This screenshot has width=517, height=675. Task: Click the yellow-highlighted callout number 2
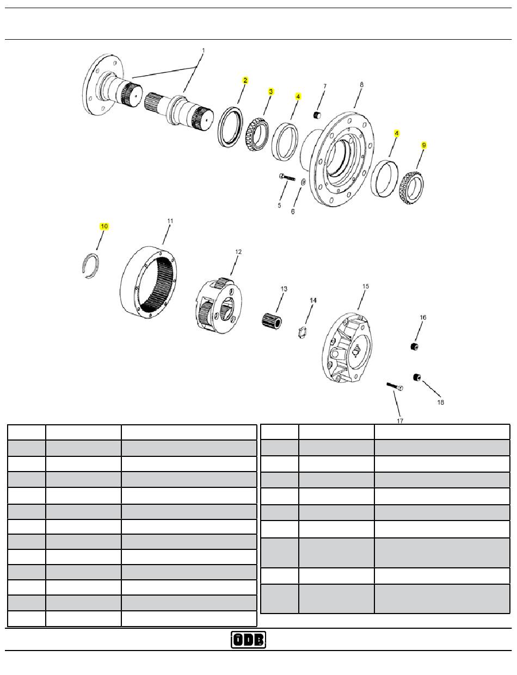point(245,80)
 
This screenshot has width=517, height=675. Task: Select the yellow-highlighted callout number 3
point(271,91)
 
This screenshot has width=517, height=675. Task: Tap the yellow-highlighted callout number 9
point(424,145)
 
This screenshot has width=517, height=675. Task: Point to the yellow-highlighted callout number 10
point(104,226)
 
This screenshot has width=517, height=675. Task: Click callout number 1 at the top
point(203,51)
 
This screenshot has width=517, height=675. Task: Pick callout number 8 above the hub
point(361,84)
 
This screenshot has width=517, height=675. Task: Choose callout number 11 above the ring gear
point(170,221)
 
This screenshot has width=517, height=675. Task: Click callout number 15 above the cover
point(365,286)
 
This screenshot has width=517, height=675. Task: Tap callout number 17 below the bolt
point(400,420)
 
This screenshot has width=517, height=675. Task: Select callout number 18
point(441,402)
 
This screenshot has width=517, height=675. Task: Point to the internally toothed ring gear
point(149,282)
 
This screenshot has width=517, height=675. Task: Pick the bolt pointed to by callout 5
point(287,177)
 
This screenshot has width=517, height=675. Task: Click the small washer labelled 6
point(304,182)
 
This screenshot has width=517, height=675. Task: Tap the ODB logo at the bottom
point(248,640)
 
